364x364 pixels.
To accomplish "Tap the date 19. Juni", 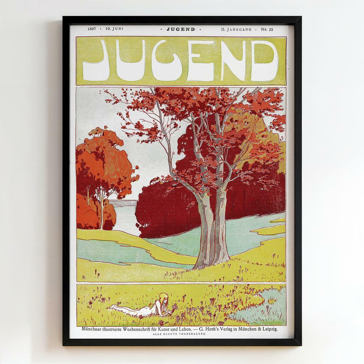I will coord(114,29).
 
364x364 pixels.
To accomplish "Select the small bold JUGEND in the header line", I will coord(181,30).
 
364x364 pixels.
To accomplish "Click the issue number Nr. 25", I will coord(267,30).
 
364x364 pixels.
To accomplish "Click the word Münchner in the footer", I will coord(93,329).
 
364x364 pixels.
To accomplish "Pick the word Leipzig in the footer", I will coord(268,329).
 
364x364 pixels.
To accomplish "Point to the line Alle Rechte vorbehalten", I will coord(179,334).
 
